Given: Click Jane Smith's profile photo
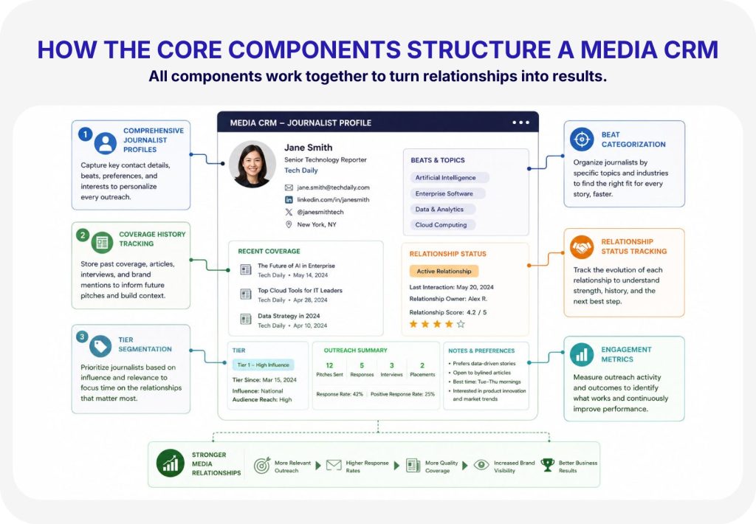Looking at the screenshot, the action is tap(252, 165).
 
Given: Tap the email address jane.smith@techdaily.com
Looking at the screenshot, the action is tap(333, 187).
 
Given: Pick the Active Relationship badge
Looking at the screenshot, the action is tap(444, 272).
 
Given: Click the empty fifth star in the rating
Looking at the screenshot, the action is tap(461, 324).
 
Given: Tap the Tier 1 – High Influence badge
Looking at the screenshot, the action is tap(264, 365).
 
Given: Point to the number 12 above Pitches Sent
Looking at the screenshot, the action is tap(329, 365).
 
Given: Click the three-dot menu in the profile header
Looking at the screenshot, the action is tap(520, 123).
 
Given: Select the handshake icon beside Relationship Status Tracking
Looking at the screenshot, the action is tap(582, 247).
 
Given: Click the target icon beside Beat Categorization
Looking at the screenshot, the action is tap(582, 139).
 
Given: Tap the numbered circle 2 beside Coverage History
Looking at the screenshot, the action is tap(83, 235).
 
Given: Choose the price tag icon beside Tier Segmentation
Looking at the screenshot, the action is tap(100, 346).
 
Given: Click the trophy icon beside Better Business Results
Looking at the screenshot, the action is tap(548, 465).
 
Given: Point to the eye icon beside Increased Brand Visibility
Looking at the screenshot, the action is tap(481, 465).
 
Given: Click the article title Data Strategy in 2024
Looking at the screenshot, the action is tap(289, 316).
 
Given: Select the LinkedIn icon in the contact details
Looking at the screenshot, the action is tap(289, 199).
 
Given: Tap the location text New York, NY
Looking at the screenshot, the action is tap(317, 224).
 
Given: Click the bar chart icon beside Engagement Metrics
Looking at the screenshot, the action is tap(582, 355).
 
